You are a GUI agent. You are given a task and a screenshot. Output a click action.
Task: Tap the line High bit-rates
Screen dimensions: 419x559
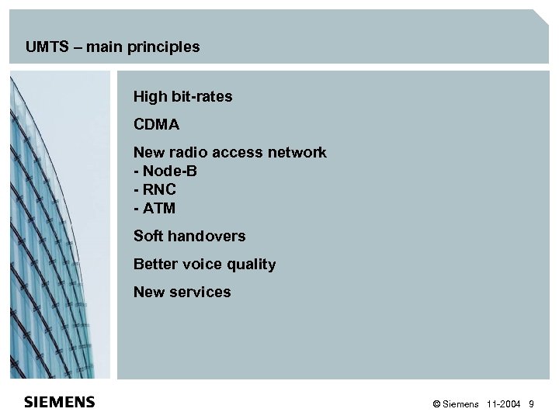point(182,97)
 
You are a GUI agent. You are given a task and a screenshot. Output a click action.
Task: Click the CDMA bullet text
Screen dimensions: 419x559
point(158,125)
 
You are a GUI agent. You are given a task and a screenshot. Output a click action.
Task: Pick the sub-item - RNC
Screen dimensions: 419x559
point(156,190)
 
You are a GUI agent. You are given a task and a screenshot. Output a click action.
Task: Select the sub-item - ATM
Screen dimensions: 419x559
point(155,209)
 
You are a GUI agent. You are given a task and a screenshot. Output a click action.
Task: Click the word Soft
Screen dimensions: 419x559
point(149,237)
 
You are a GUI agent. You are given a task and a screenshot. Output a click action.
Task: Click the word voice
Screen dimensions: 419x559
point(201,265)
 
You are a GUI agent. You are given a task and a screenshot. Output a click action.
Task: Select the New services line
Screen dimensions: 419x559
point(182,293)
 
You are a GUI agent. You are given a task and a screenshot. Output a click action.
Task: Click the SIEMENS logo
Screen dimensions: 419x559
point(60,402)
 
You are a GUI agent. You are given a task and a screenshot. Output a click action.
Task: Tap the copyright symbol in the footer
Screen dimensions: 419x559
point(436,404)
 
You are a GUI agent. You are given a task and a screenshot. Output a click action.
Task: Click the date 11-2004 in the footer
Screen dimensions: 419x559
point(503,404)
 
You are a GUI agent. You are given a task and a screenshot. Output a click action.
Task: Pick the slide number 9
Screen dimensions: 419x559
point(531,404)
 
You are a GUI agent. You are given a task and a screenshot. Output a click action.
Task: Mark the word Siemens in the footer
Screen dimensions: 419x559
point(462,404)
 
